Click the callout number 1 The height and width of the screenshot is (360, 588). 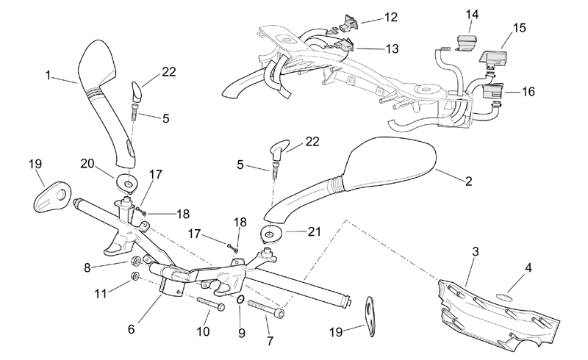[48, 75]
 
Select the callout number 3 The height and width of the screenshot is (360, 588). [476, 251]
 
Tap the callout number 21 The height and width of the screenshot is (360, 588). [315, 231]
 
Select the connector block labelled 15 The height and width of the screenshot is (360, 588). [493, 54]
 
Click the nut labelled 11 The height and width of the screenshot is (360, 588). [135, 276]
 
